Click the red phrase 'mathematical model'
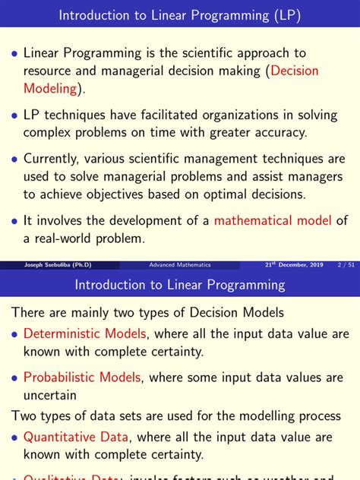tap(273, 221)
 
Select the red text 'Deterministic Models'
tap(84, 333)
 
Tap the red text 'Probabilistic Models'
tap(82, 377)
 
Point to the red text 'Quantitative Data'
tap(74, 437)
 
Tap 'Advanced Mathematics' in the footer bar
tap(179, 265)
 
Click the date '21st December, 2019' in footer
tap(294, 265)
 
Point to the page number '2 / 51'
tap(346, 265)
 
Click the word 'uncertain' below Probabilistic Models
tap(50, 395)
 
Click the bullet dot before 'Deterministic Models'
tap(14, 334)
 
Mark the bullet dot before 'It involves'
tap(14, 222)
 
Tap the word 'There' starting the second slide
tap(29, 312)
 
